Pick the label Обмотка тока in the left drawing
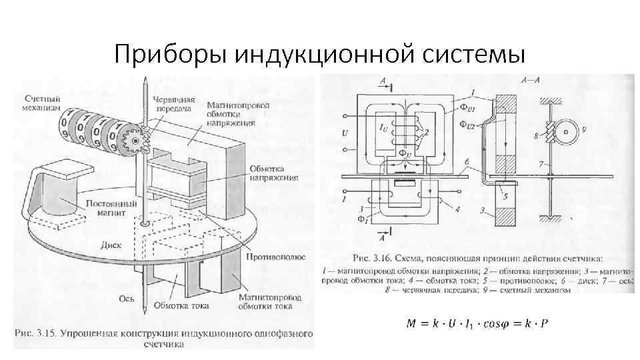point(181,306)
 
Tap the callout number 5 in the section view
point(507,196)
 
